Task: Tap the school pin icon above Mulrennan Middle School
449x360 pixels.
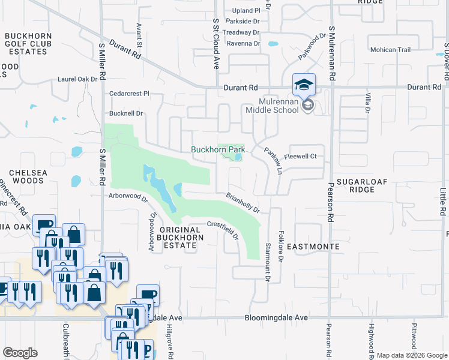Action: point(304,85)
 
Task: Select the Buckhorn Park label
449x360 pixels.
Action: point(218,149)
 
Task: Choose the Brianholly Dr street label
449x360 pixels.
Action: point(243,203)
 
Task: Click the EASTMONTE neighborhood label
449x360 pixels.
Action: point(313,247)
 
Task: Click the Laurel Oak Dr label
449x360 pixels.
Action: point(77,79)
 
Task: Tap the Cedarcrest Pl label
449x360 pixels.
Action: point(129,94)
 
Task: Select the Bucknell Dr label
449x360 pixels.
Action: point(125,113)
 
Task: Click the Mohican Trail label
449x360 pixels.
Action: point(390,50)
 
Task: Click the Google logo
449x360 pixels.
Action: point(20,353)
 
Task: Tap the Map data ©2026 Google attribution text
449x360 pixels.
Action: point(412,355)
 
